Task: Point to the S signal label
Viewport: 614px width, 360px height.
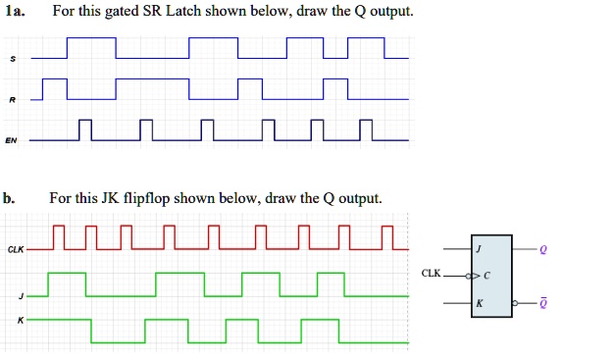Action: [12, 60]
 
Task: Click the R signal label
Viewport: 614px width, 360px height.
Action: [12, 99]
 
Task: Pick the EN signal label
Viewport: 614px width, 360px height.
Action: [11, 140]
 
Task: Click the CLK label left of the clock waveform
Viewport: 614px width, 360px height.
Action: [16, 249]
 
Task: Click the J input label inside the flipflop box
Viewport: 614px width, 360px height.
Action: [479, 249]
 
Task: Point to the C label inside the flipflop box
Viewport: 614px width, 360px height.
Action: [486, 276]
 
